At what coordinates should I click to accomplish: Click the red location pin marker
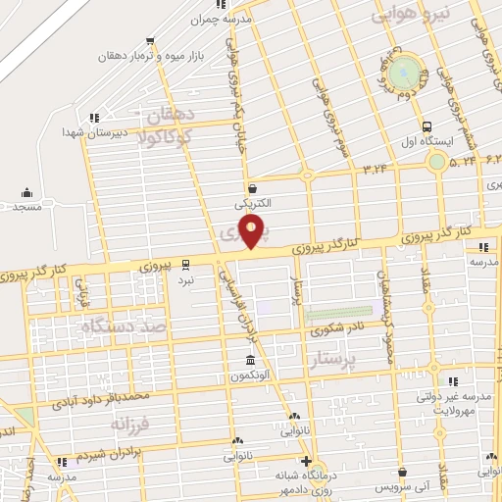[x=252, y=232]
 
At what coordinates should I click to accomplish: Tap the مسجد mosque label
[x=26, y=207]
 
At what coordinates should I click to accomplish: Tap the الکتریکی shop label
[x=252, y=204]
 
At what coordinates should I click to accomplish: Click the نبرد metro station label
[x=186, y=279]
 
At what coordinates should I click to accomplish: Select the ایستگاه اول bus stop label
[x=427, y=142]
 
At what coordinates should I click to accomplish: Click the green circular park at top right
[x=403, y=75]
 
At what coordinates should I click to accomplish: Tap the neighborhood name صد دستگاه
[x=125, y=325]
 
